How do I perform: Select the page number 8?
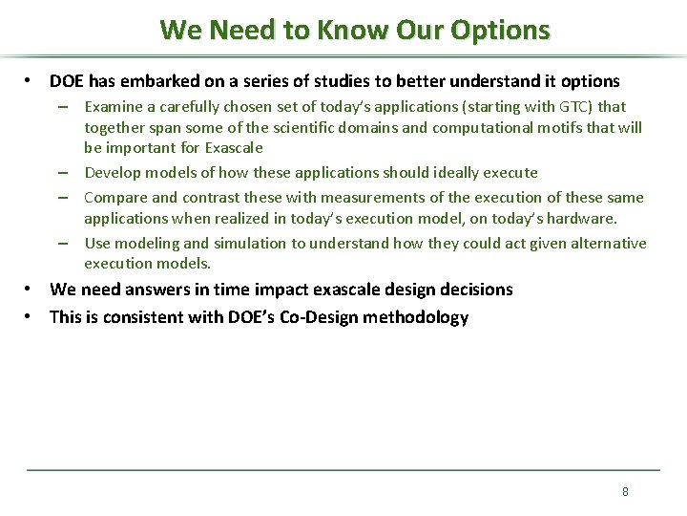pos(625,491)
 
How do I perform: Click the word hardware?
pos(584,219)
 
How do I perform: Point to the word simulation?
pos(251,244)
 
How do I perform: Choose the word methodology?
pos(423,317)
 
